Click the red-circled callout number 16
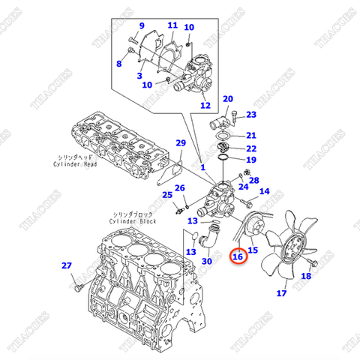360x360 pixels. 238,256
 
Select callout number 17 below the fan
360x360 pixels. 281,293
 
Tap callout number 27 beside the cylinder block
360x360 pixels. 66,265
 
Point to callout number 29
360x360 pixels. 180,143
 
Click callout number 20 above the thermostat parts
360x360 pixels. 228,99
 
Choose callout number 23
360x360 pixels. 251,115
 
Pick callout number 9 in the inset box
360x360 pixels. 140,26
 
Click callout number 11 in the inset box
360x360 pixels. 172,25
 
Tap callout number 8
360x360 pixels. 118,64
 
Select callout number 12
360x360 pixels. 205,106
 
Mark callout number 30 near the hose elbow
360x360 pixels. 207,260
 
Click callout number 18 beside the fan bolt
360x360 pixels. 305,277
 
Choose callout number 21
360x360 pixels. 251,135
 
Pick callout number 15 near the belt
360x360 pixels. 253,249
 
